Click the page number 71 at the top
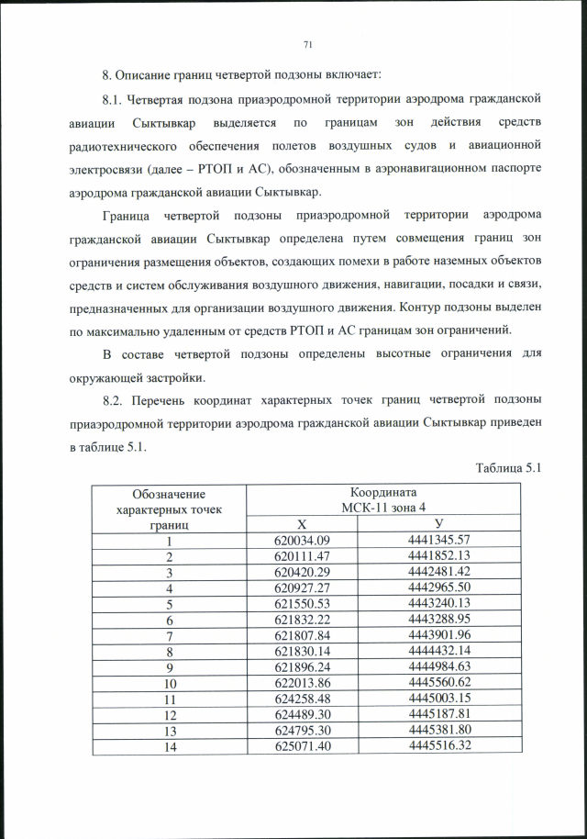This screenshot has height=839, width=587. click(307, 43)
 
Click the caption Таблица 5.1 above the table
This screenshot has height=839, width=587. click(509, 468)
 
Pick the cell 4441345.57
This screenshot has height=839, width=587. click(438, 540)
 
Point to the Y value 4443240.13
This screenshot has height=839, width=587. click(438, 603)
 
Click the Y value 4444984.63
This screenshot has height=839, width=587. click(438, 666)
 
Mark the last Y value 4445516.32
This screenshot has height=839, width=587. click(438, 745)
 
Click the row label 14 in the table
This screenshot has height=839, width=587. click(169, 746)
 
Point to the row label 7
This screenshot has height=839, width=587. click(169, 635)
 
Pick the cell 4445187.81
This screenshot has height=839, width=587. click(438, 714)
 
